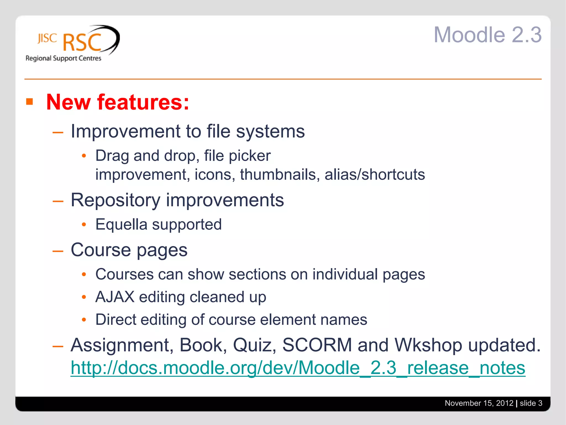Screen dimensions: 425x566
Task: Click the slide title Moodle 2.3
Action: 488,35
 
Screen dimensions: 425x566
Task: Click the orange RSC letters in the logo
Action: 82,43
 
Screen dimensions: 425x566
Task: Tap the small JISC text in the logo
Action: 47,38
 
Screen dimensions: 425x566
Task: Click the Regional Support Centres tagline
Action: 63,58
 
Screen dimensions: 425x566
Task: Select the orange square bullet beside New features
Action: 30,102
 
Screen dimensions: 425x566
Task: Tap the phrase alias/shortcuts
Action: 375,175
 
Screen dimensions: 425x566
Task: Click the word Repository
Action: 116,200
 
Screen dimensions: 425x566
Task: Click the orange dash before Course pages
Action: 58,251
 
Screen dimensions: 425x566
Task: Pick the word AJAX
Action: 115,297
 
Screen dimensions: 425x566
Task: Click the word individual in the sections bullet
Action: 345,274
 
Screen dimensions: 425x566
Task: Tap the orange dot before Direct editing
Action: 84,320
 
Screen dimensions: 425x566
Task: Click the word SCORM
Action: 317,345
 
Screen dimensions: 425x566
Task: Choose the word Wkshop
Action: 428,345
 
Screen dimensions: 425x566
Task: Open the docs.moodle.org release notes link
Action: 298,368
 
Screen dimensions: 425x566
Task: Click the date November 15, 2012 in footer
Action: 479,403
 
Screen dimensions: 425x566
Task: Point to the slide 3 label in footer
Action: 531,403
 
